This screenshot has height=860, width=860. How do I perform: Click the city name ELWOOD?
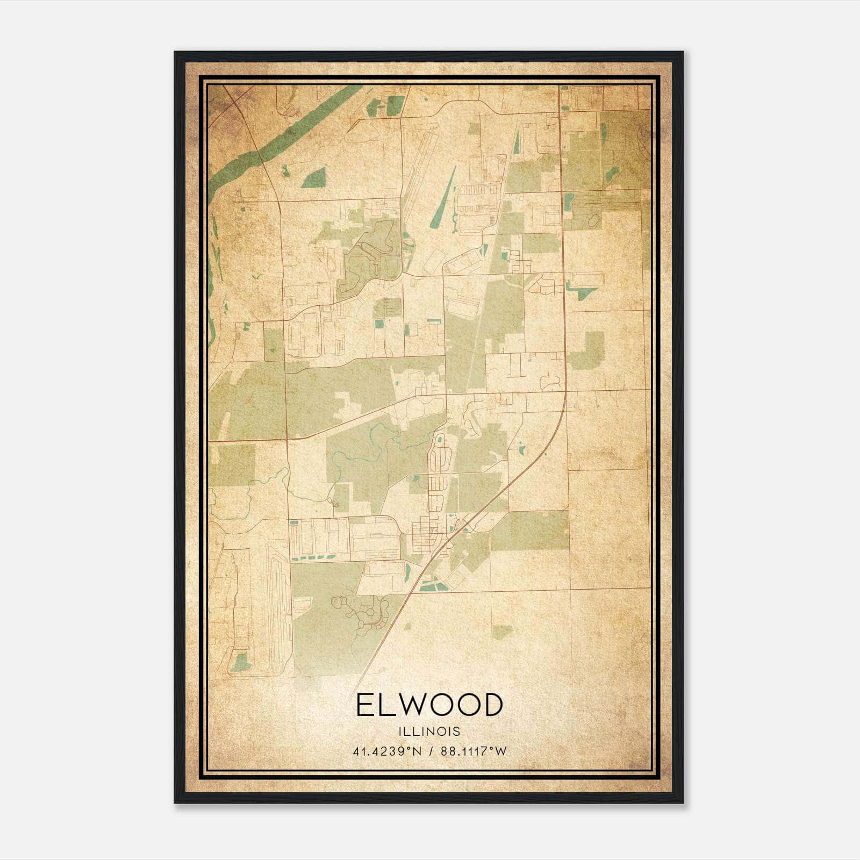point(428,705)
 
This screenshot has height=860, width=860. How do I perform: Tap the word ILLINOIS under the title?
point(429,732)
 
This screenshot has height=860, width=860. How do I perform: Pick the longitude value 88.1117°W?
point(474,751)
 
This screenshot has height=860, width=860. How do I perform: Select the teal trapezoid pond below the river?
point(314,178)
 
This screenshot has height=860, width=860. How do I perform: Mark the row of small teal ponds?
point(317,559)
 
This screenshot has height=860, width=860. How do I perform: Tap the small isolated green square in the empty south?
point(502,632)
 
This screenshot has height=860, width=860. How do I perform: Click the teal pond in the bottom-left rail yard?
point(241,663)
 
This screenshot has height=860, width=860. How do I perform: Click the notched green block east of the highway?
point(589,349)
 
